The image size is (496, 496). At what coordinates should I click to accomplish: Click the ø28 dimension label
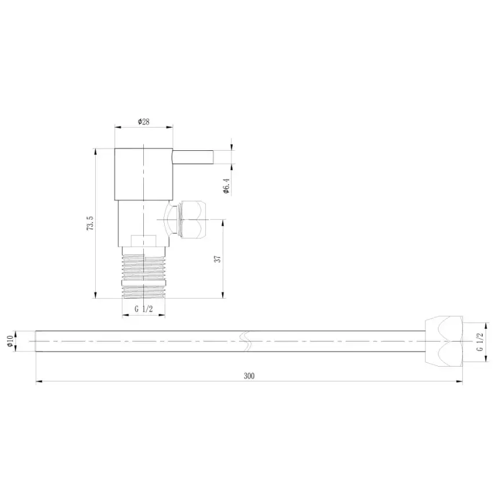[x=143, y=121]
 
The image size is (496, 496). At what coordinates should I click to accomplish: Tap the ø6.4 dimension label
[x=227, y=187]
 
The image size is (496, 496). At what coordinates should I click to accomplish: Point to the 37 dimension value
[x=218, y=259]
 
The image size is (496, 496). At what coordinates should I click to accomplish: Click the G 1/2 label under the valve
[x=143, y=309]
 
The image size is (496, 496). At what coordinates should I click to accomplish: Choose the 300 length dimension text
[x=249, y=375]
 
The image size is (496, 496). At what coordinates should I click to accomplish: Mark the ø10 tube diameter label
[x=10, y=341]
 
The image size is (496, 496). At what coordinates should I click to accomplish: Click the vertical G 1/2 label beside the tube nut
[x=480, y=342]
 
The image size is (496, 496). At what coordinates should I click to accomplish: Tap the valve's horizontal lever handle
[x=194, y=157]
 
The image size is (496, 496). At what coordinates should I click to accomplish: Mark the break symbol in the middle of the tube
[x=247, y=341]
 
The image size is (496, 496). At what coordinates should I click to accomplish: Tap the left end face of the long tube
[x=36, y=341]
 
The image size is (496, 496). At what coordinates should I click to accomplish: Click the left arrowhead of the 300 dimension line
[x=39, y=381]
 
